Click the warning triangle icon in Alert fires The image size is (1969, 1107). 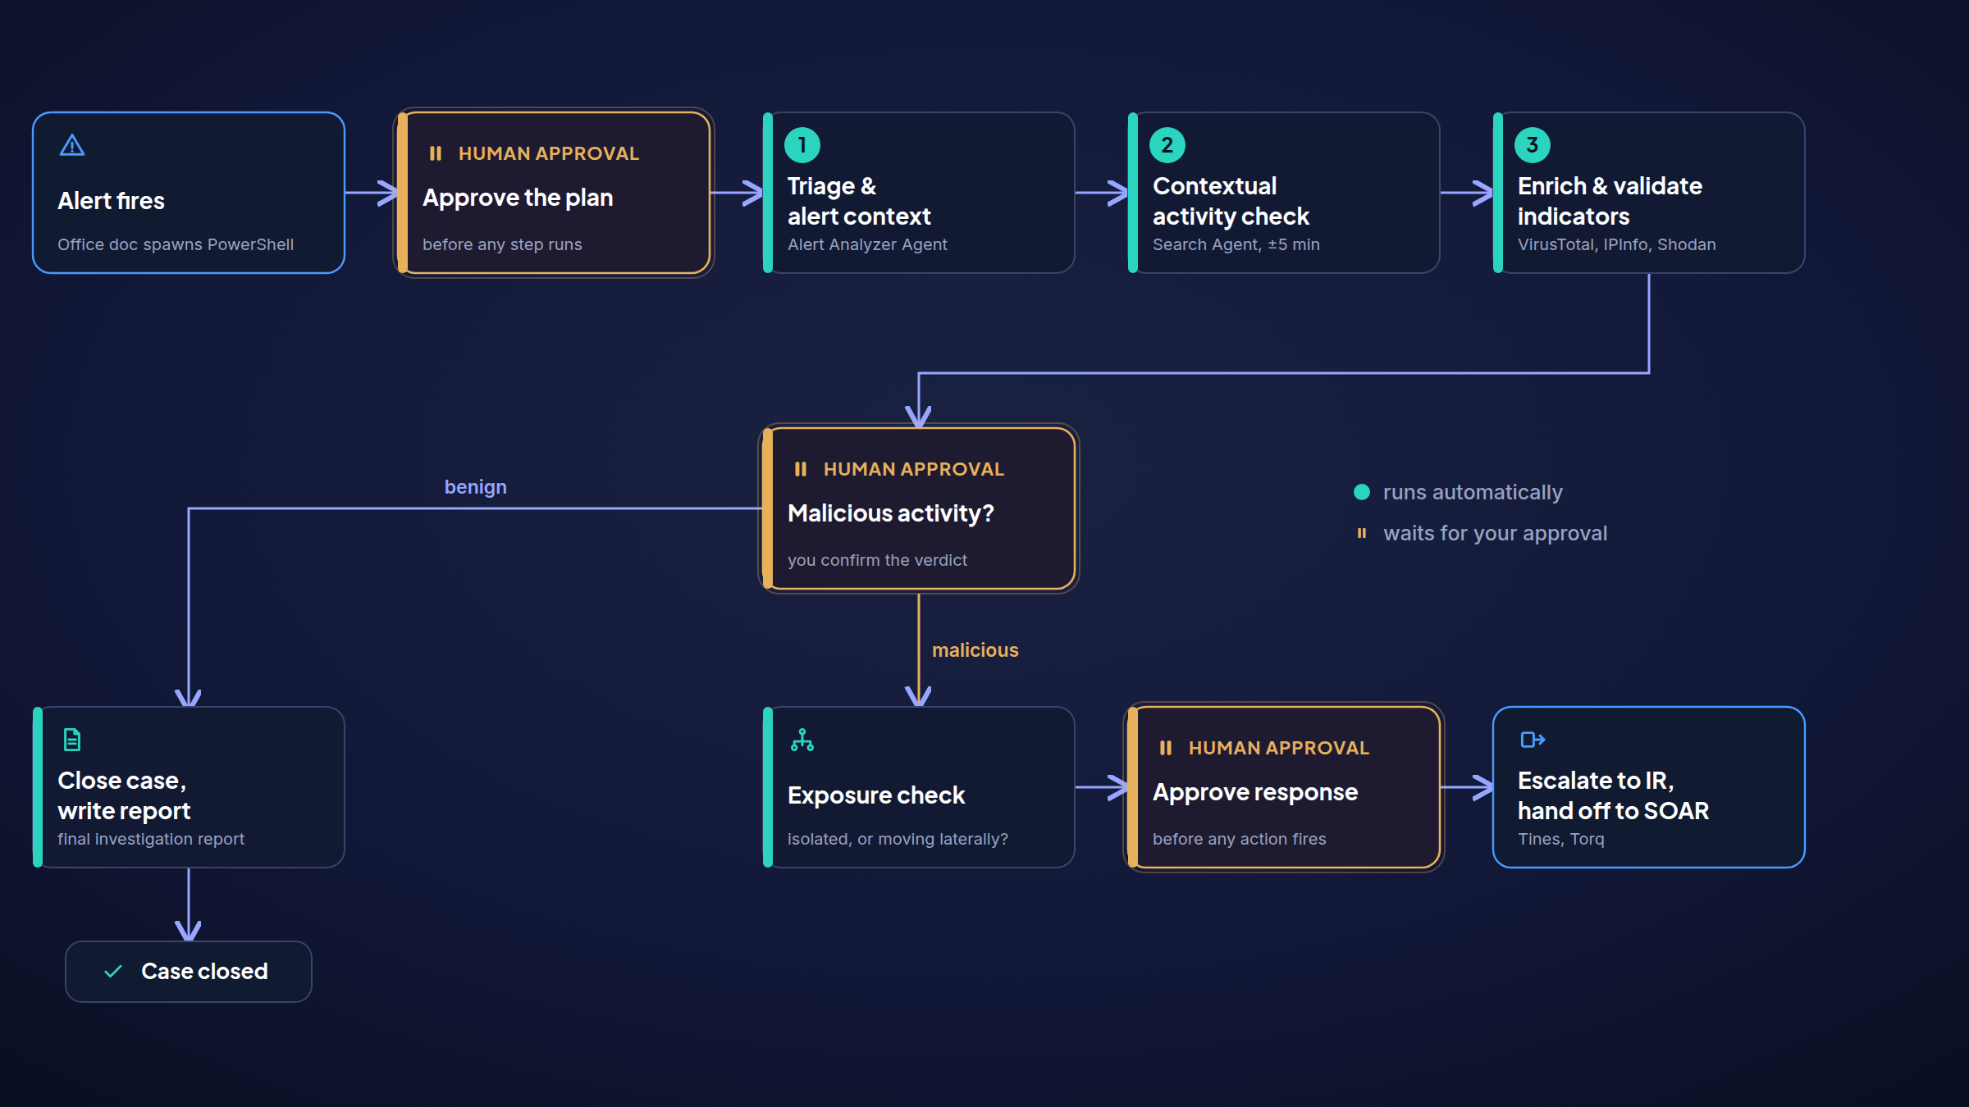coord(72,145)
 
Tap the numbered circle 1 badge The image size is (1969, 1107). coord(802,145)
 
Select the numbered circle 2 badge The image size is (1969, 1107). coord(1167,145)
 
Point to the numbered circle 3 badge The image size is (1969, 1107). coord(1533,145)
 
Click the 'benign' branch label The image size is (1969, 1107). coord(476,487)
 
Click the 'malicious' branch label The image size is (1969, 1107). coord(975,650)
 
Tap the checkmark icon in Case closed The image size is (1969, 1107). coord(113,972)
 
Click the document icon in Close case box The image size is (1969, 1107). coord(72,740)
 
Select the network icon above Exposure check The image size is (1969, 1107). coord(802,740)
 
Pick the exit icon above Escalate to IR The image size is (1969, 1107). coord(1533,740)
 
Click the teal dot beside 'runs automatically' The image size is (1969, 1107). coord(1362,492)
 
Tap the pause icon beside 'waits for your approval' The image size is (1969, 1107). coord(1362,533)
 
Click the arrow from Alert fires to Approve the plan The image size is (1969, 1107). coord(372,193)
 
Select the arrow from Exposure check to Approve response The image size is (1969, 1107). coord(1102,787)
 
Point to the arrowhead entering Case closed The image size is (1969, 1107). coord(189,930)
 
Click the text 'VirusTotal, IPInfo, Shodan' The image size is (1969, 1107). coord(1617,244)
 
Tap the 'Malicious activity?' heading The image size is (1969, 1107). coord(891,513)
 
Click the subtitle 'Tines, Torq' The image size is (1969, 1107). coord(1561,839)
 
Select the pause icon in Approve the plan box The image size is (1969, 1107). coord(436,153)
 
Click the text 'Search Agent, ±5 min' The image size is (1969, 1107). coord(1236,244)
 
